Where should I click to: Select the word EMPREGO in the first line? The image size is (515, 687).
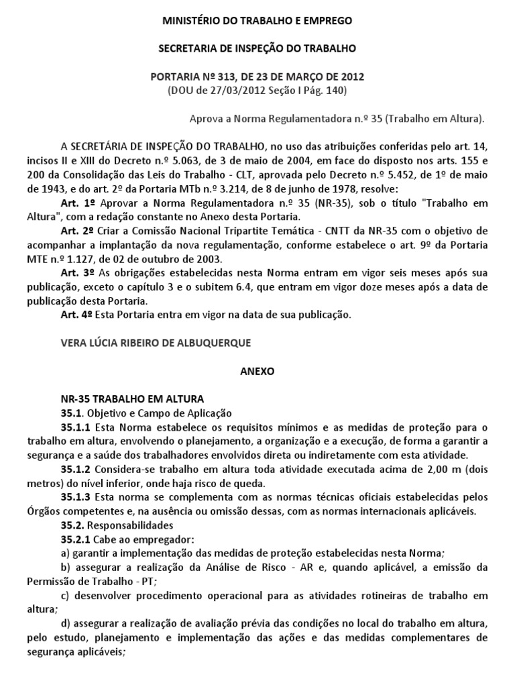[325, 21]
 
